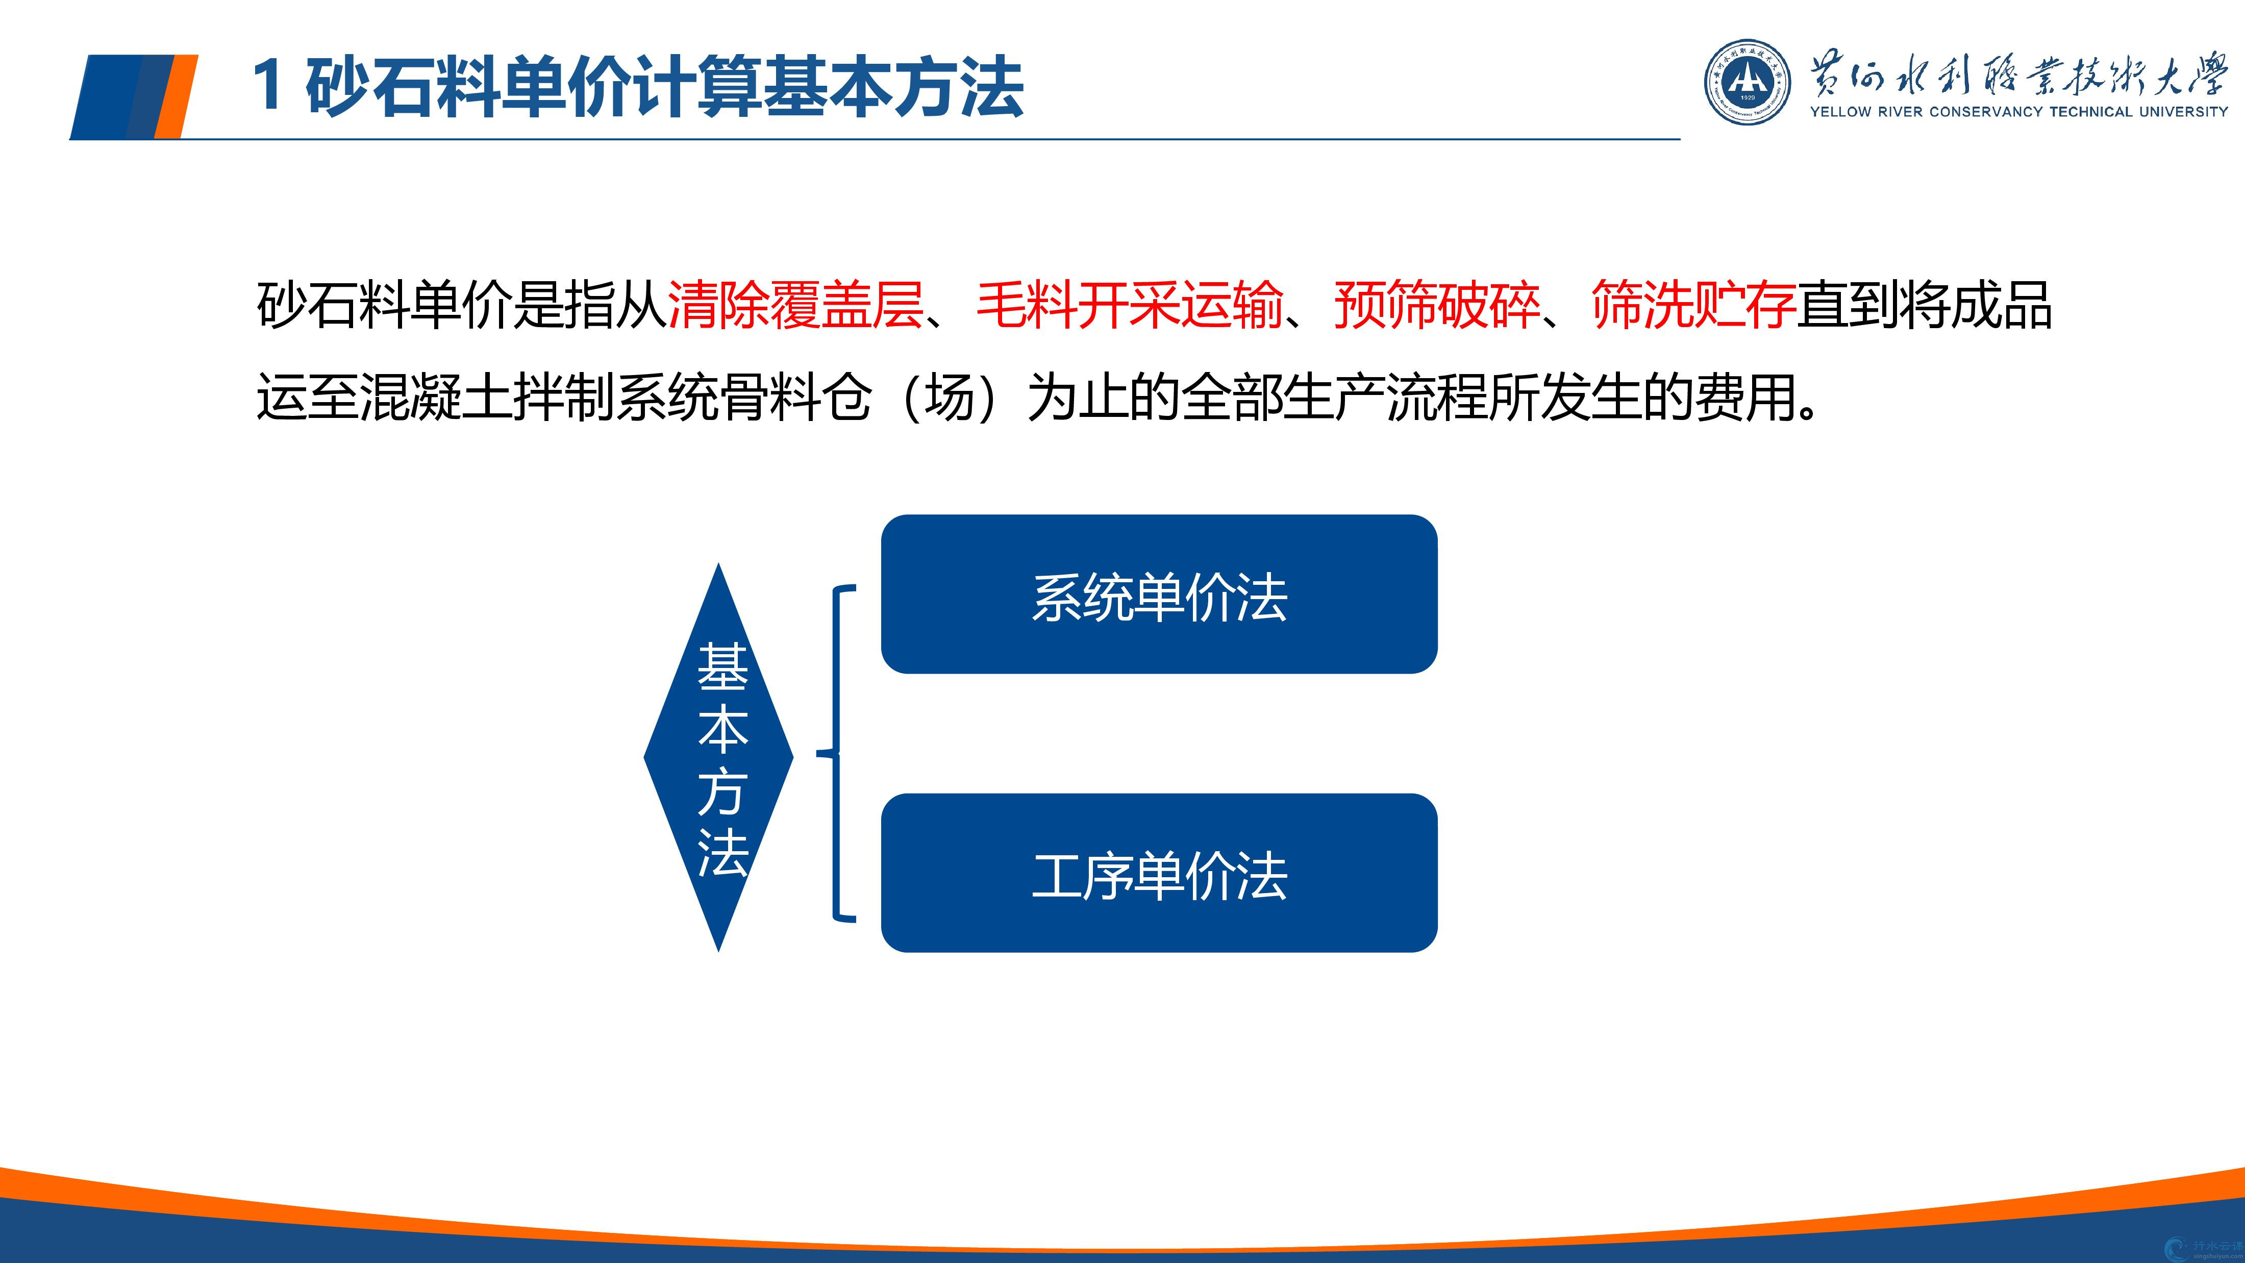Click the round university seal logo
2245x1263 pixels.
1748,81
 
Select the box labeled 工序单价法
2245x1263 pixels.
1159,873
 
